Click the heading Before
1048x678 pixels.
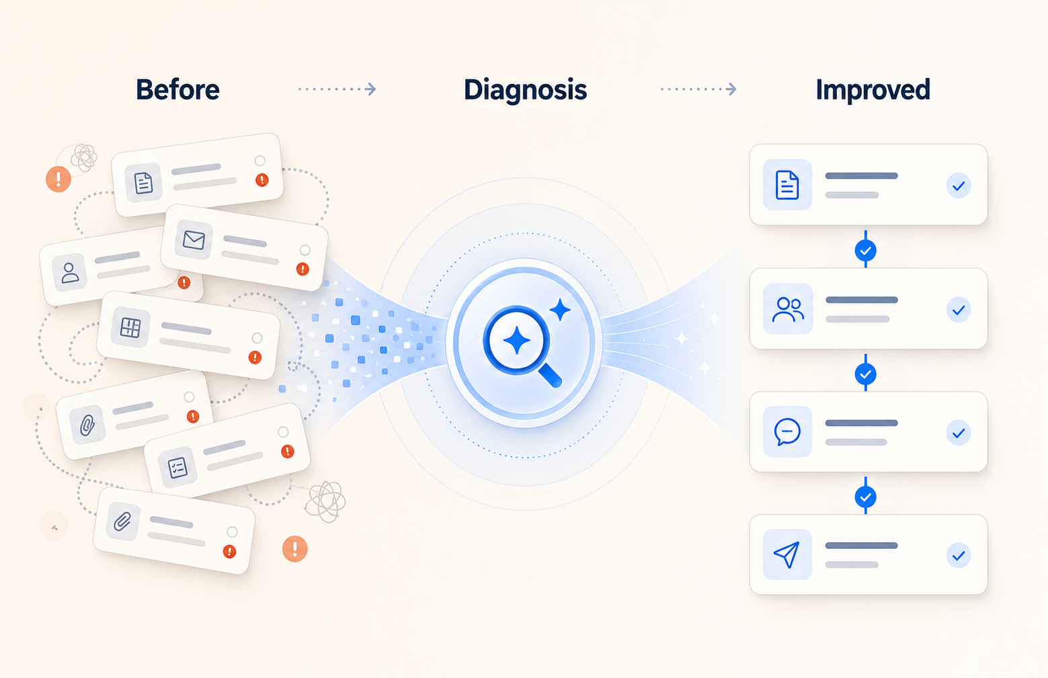(x=177, y=90)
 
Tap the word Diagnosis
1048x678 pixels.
(x=525, y=90)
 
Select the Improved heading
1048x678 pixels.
(x=873, y=90)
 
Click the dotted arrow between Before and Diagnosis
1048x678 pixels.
(x=337, y=89)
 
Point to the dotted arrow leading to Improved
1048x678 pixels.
(x=698, y=89)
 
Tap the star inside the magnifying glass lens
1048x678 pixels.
(x=516, y=340)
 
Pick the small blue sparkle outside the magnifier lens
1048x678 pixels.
(x=559, y=310)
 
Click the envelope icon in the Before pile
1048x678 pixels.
(x=194, y=239)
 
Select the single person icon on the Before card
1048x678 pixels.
(x=70, y=272)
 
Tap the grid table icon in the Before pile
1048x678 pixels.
(x=130, y=327)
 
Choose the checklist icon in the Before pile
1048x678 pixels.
(x=177, y=466)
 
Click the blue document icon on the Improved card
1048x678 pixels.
(x=787, y=185)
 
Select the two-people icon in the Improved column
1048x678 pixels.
(x=788, y=309)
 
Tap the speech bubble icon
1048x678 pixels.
(x=787, y=431)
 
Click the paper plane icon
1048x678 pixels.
(x=787, y=554)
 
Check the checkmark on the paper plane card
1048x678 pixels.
(x=959, y=556)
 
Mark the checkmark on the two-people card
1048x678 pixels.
(x=959, y=310)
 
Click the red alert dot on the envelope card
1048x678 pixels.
(x=303, y=269)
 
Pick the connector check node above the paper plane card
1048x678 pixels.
(x=865, y=497)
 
